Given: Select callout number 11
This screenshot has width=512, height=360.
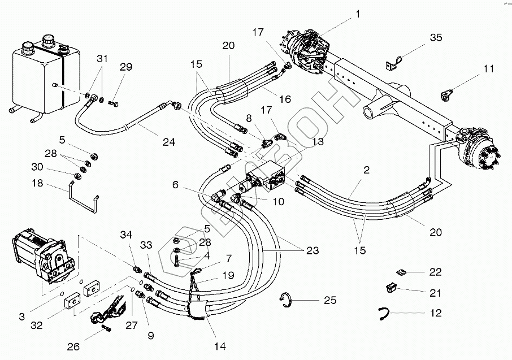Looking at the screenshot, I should point(488,70).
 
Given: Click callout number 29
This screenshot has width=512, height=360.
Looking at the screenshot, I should point(125,67).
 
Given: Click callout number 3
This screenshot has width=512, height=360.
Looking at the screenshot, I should point(21,317).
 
